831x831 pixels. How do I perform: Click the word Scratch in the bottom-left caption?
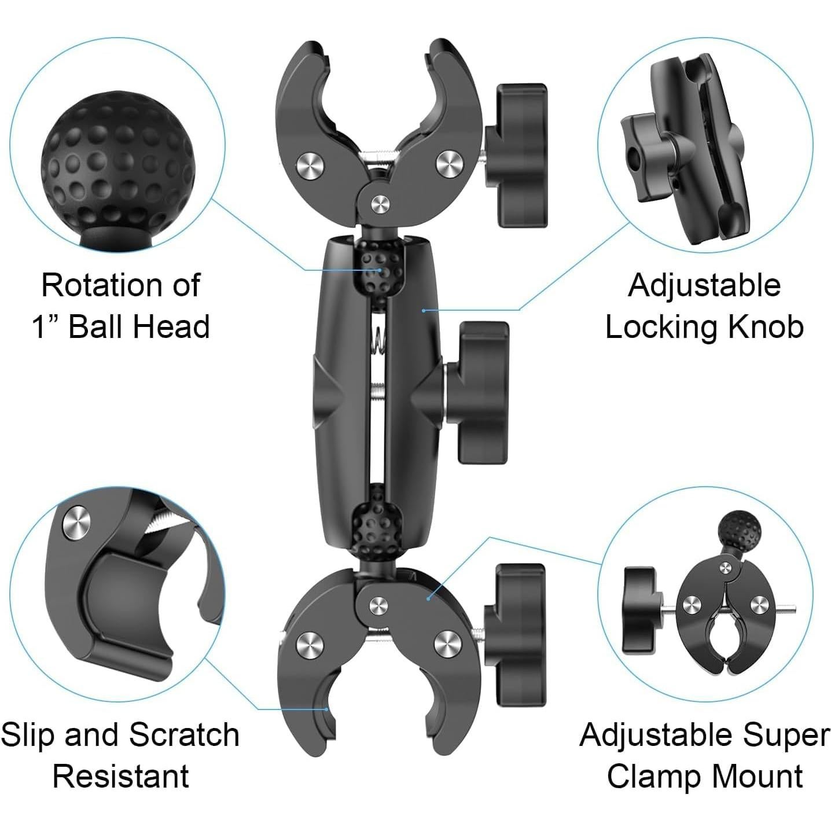click(x=183, y=735)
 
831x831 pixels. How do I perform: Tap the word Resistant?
click(x=120, y=776)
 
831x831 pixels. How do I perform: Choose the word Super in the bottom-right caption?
click(x=787, y=735)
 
